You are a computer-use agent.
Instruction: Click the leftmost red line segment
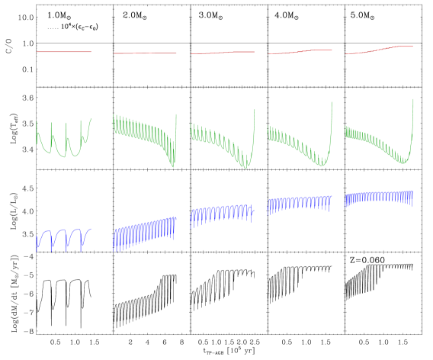(64, 52)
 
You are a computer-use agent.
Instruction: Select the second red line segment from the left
(145, 53)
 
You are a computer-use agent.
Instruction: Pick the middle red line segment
(223, 53)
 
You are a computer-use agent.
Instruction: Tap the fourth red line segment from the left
(300, 52)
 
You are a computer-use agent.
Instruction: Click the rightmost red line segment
(380, 50)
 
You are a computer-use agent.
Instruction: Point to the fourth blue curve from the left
(300, 203)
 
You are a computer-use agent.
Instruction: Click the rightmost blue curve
(379, 197)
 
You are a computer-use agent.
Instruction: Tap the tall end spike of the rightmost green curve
(413, 103)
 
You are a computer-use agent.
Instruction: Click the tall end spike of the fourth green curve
(332, 107)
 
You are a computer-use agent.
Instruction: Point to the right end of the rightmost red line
(412, 47)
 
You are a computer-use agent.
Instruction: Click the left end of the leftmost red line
(37, 52)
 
